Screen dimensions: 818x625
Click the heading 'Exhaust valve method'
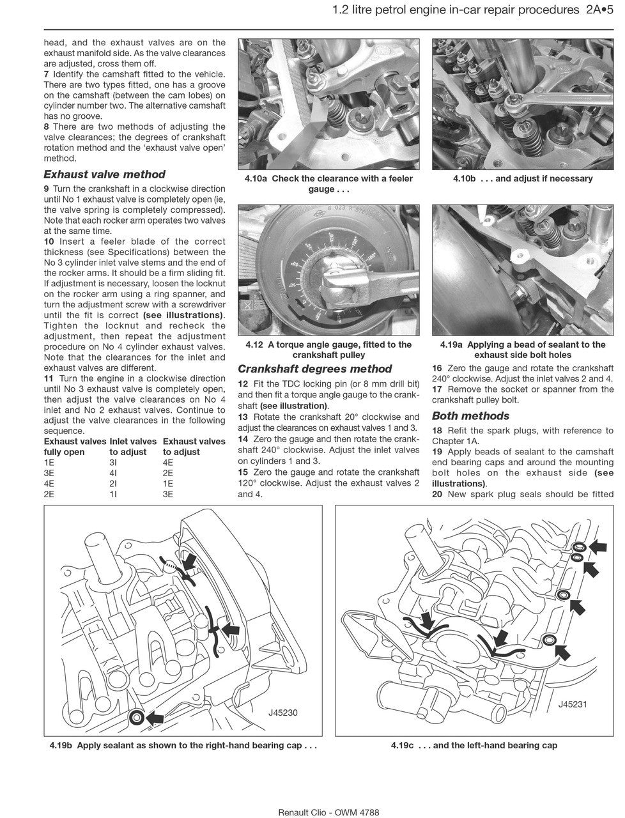pyautogui.click(x=104, y=174)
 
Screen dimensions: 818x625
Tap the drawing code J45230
pyautogui.click(x=284, y=713)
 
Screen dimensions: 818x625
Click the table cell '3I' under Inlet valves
pyautogui.click(x=114, y=462)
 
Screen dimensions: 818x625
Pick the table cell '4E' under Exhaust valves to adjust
pyautogui.click(x=168, y=462)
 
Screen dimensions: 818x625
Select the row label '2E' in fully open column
pyautogui.click(x=49, y=494)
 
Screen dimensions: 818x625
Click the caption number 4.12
pyautogui.click(x=254, y=344)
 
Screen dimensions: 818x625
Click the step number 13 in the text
pyautogui.click(x=243, y=417)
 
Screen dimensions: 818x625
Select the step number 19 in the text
pyautogui.click(x=437, y=452)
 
